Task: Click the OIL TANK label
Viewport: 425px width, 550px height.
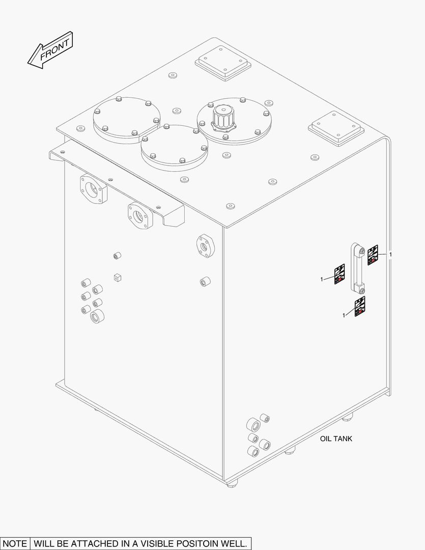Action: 336,438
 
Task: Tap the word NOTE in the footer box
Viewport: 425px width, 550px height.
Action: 15,543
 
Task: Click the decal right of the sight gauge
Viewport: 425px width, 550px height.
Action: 373,254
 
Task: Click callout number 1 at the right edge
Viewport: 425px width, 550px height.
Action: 390,254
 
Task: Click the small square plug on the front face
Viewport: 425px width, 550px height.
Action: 118,277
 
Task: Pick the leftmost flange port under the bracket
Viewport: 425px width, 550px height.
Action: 93,189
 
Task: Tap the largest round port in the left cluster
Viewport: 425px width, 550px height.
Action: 97,316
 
